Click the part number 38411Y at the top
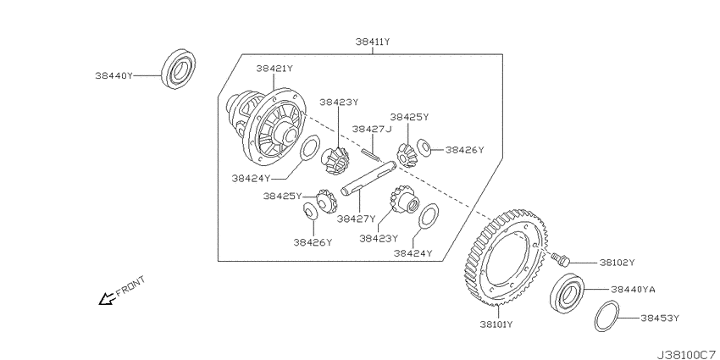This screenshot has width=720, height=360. click(373, 42)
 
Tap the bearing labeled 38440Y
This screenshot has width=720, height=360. click(178, 69)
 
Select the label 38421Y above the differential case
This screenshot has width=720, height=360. click(274, 69)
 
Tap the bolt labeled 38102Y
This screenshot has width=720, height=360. click(560, 259)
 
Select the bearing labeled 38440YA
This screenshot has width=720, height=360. click(568, 293)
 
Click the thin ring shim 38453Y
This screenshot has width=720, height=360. click(607, 316)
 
